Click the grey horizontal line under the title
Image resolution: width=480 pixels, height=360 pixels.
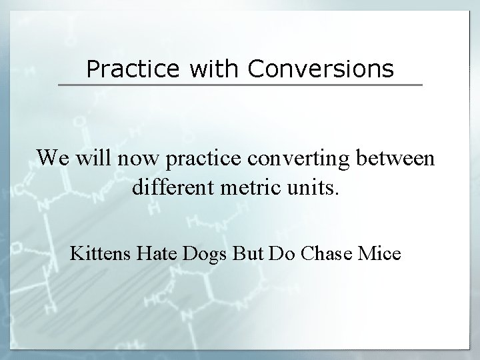point(240,85)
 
